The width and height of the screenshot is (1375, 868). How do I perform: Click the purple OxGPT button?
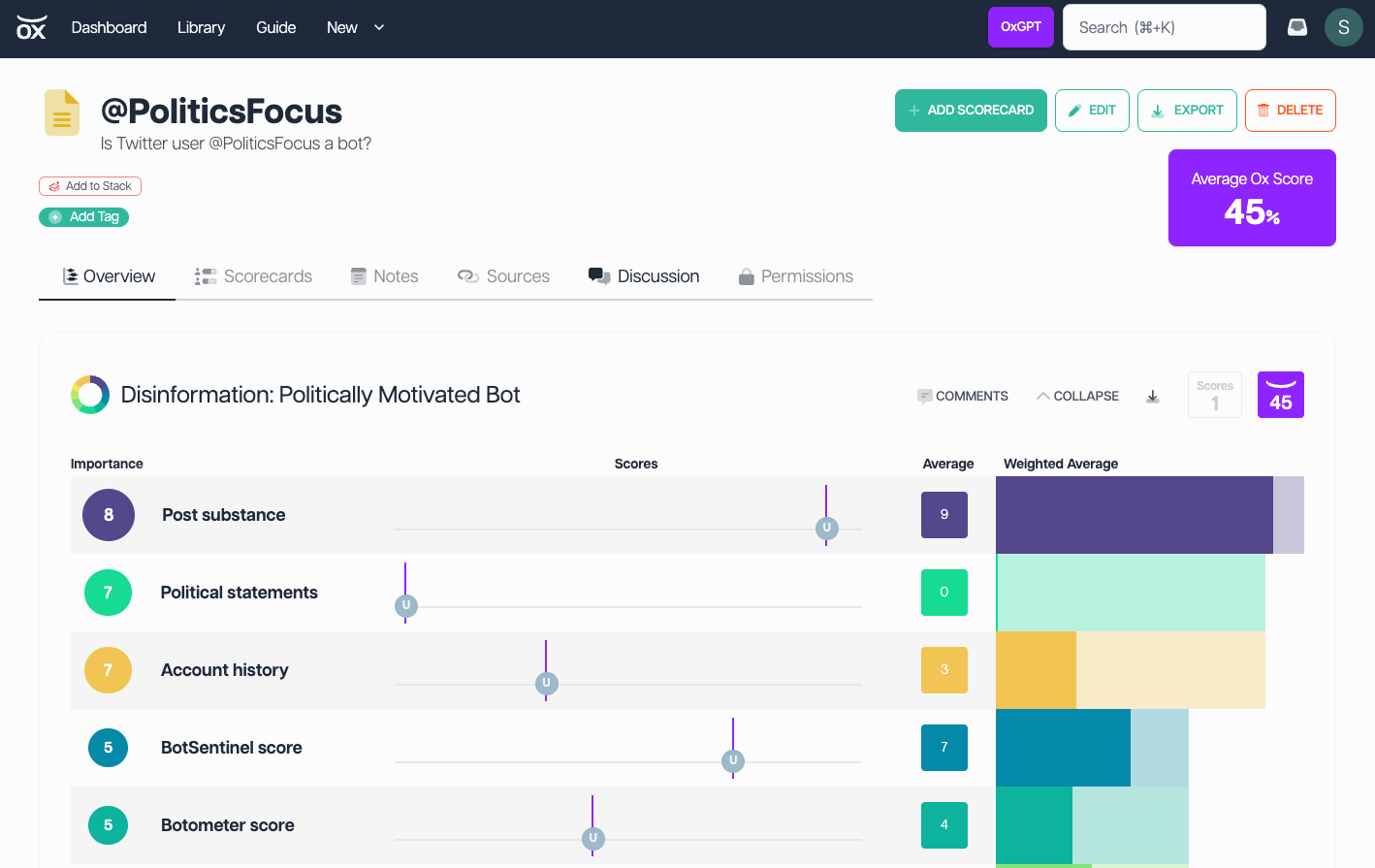pyautogui.click(x=1020, y=27)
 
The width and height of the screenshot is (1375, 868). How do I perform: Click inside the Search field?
pyautogui.click(x=1164, y=27)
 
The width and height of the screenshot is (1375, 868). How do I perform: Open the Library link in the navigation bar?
pyautogui.click(x=201, y=27)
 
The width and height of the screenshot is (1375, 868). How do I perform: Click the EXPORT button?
pyautogui.click(x=1187, y=111)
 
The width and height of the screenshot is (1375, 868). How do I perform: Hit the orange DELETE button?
pyautogui.click(x=1290, y=111)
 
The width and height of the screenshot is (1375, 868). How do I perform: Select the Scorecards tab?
pyautogui.click(x=253, y=276)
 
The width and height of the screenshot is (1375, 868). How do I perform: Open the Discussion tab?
pyautogui.click(x=643, y=276)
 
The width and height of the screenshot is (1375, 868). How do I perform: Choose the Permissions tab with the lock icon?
pyautogui.click(x=795, y=276)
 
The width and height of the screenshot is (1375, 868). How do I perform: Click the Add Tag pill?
pyautogui.click(x=83, y=216)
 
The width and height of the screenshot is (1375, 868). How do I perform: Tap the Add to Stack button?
pyautogui.click(x=89, y=186)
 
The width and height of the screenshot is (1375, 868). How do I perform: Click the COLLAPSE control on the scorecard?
pyautogui.click(x=1077, y=396)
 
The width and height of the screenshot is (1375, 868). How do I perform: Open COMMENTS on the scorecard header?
pyautogui.click(x=963, y=396)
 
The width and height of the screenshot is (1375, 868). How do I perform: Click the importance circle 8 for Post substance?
pyautogui.click(x=109, y=514)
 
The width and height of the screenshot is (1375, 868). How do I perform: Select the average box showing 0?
pyautogui.click(x=944, y=593)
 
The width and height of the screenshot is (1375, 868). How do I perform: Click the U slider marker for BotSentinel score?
pyautogui.click(x=733, y=760)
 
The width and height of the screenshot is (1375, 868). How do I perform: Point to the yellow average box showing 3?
pyautogui.click(x=944, y=670)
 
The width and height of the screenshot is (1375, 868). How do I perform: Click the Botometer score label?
pyautogui.click(x=228, y=825)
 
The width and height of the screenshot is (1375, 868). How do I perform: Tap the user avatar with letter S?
pyautogui.click(x=1343, y=27)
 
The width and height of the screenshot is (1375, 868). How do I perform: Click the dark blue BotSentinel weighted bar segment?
pyautogui.click(x=1063, y=748)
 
